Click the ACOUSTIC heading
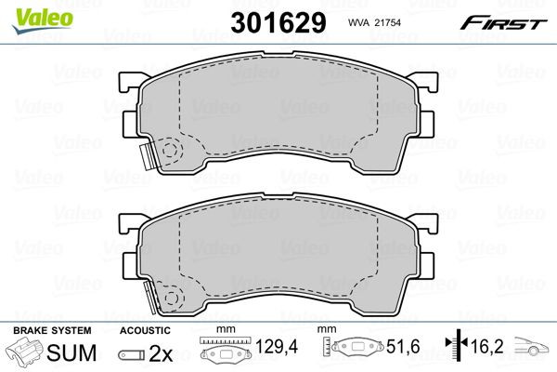146,330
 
